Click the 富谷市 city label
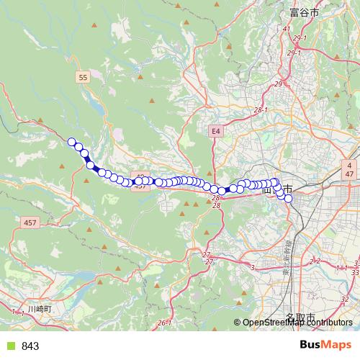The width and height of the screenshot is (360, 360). point(305,12)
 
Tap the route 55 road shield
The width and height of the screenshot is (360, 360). point(84,76)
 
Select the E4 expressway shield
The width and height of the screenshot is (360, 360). point(215,131)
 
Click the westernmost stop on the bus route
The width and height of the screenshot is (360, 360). point(72,142)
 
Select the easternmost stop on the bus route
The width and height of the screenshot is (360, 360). point(288,198)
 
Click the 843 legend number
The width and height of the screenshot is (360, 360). point(30,346)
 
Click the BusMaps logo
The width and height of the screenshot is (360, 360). point(326,346)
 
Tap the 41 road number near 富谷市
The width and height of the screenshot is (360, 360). point(287,29)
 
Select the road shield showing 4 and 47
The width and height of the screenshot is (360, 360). point(348,170)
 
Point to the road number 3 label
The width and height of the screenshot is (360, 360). point(253,268)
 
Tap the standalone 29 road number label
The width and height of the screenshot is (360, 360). point(277,85)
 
